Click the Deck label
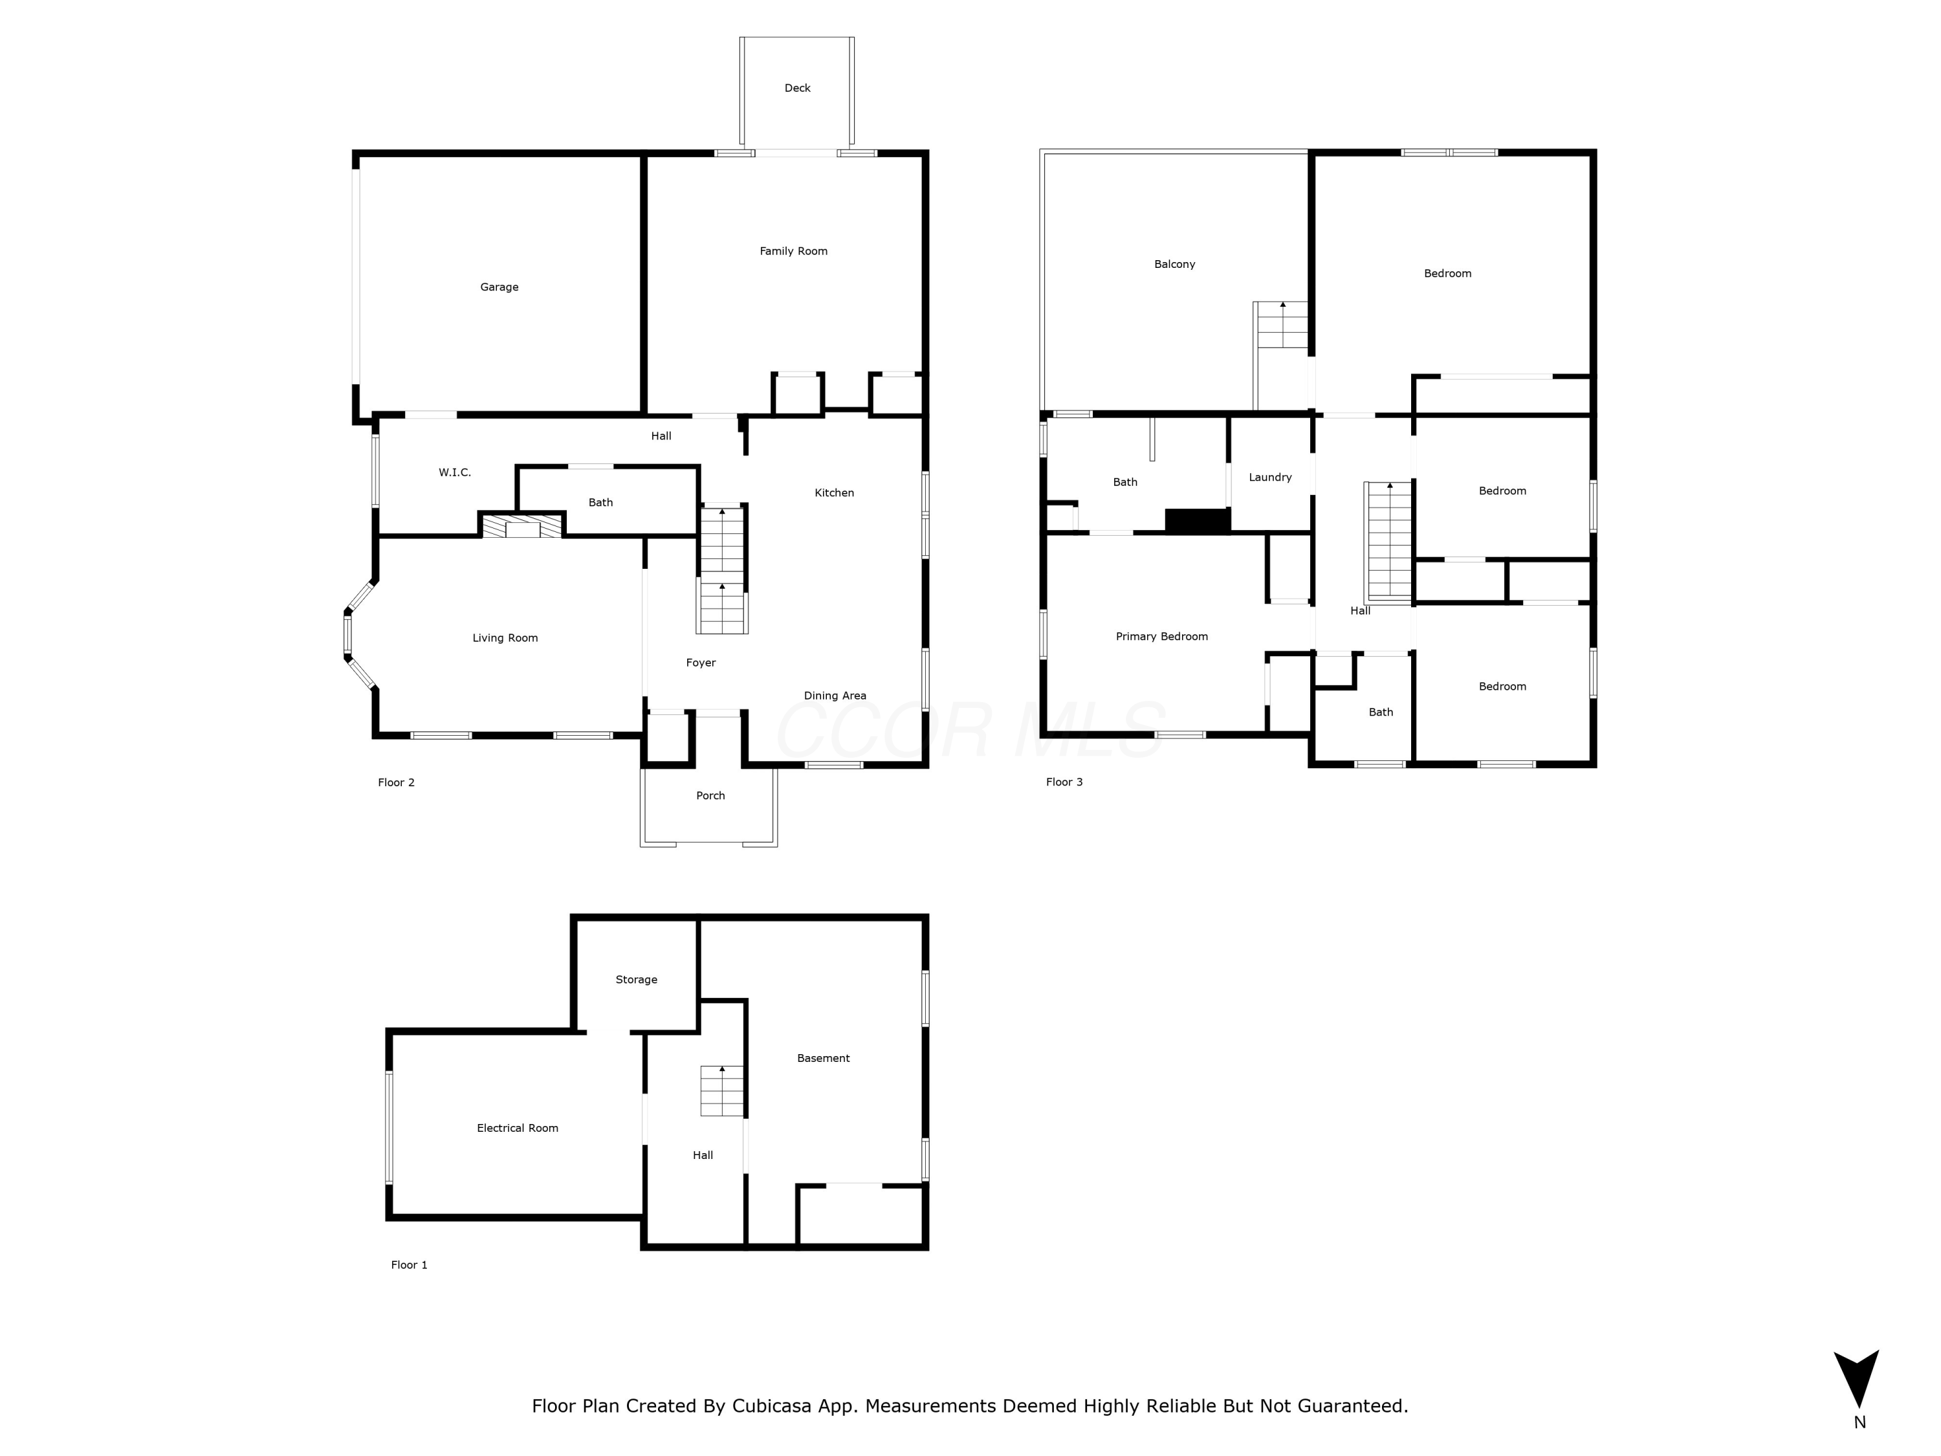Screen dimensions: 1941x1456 pos(796,88)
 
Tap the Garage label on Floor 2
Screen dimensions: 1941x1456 pos(499,287)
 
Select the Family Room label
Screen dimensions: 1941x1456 pos(793,251)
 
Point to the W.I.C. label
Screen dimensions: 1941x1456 pos(455,472)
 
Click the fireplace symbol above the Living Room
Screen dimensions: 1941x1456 pos(522,525)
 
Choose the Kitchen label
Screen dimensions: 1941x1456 pos(833,492)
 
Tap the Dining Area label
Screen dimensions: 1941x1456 pos(835,695)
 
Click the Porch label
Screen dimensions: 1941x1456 pos(710,795)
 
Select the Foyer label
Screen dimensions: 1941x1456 pos(700,663)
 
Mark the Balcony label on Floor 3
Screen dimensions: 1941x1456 pos(1174,264)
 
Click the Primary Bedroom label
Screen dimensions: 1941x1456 pos(1161,636)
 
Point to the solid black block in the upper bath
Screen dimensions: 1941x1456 pos(1197,520)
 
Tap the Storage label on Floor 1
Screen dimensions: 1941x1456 pos(636,980)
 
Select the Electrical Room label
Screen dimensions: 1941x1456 pos(517,1128)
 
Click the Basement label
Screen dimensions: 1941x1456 pos(823,1057)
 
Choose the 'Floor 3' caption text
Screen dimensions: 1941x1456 pos(1064,782)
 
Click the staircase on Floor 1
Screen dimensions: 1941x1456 pos(721,1091)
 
